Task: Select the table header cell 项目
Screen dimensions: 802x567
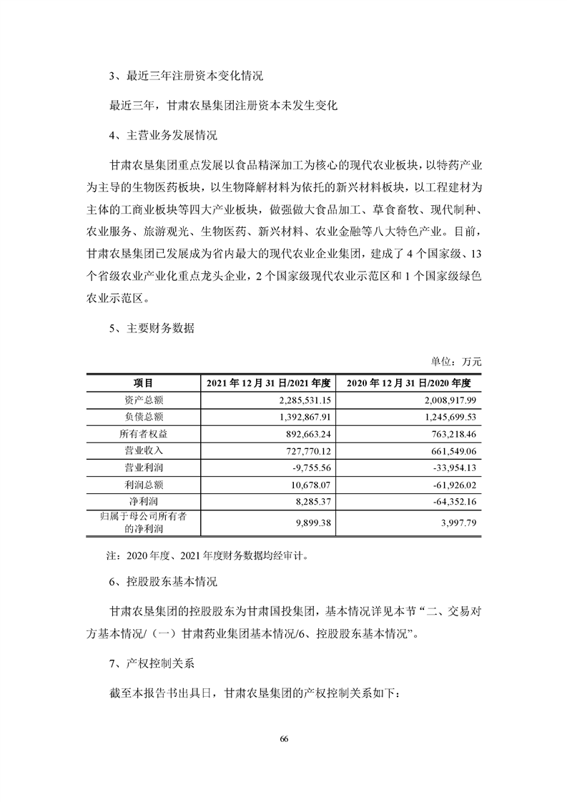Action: tap(143, 384)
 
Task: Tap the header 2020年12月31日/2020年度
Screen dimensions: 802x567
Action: tap(409, 384)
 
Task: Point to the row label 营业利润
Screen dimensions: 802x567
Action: tap(143, 467)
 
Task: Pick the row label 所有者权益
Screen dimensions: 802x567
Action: tap(143, 434)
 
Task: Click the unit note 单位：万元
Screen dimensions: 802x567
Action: tap(456, 362)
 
